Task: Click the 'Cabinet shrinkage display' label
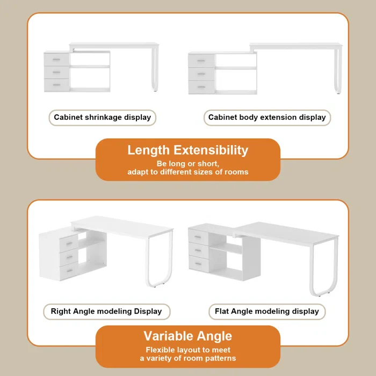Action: (x=102, y=118)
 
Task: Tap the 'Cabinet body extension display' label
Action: (x=267, y=118)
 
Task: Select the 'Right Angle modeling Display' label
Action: (x=106, y=312)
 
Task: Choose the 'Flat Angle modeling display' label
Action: (x=267, y=312)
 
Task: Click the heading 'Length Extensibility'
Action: (x=187, y=150)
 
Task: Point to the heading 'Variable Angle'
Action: (x=187, y=337)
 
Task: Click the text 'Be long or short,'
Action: (x=187, y=163)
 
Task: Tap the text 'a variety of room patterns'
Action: (x=187, y=358)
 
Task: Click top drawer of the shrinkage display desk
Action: (x=57, y=59)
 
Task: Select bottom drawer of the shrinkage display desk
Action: (x=57, y=85)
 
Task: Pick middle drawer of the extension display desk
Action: (x=201, y=73)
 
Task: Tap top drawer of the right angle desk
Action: (x=68, y=243)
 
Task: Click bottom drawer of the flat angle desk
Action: (x=198, y=264)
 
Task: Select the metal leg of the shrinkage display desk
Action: (x=155, y=70)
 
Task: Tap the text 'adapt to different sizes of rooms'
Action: (x=187, y=172)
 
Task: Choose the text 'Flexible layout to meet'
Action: (x=187, y=350)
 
